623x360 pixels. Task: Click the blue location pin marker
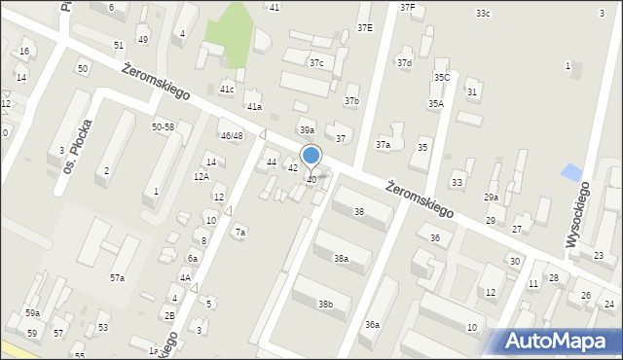[x=311, y=157]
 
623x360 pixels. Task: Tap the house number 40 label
[x=311, y=180]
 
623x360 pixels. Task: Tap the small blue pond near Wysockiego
[x=570, y=173]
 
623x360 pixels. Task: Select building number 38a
[x=341, y=258]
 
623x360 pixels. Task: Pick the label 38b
[x=325, y=305]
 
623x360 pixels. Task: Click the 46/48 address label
[x=232, y=135]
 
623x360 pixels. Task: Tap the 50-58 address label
[x=163, y=127]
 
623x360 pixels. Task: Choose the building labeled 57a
[x=117, y=278]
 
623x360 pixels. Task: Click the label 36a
[x=372, y=324]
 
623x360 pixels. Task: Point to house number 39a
[x=307, y=129]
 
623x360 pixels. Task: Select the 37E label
[x=365, y=27]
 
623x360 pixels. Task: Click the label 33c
[x=483, y=14]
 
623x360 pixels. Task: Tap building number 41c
[x=227, y=89]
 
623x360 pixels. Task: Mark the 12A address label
[x=202, y=176]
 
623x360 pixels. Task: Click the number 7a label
[x=240, y=233]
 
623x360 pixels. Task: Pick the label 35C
[x=441, y=77]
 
